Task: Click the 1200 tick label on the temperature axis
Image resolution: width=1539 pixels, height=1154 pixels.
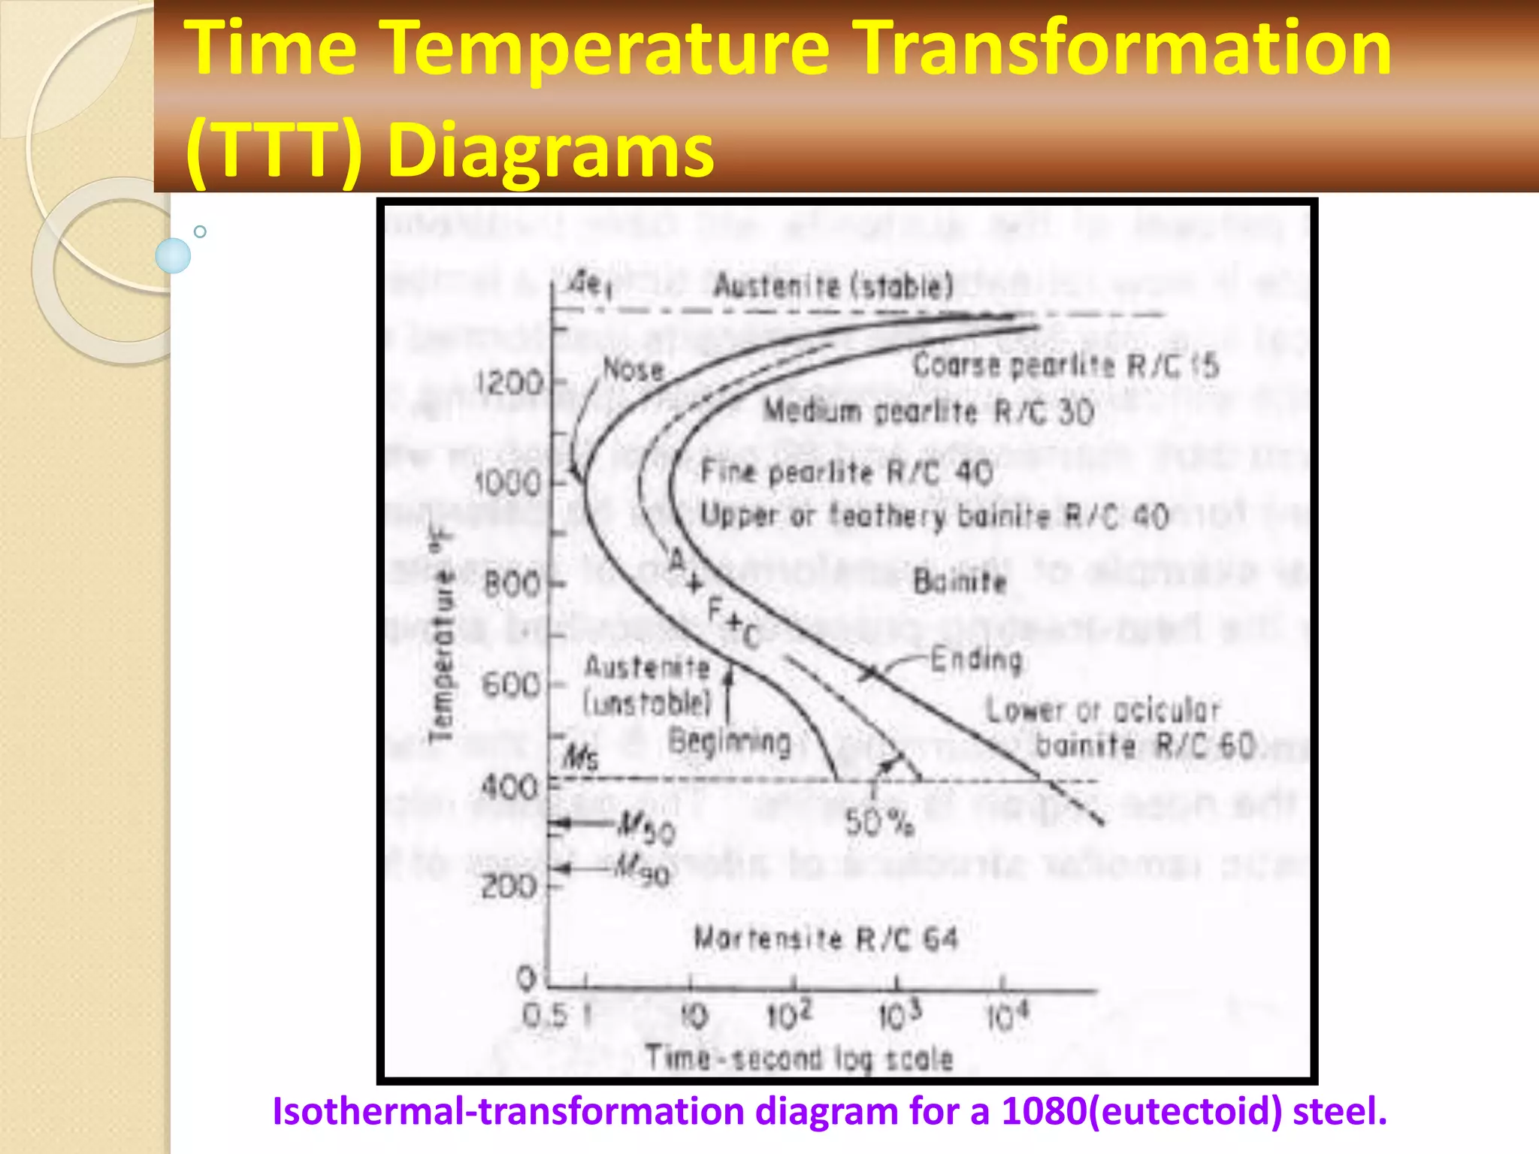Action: (x=509, y=383)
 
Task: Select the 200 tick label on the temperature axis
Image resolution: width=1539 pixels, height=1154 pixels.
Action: (x=509, y=887)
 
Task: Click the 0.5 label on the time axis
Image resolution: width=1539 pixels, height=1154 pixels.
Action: (x=543, y=1017)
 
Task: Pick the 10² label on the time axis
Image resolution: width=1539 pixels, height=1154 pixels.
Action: (x=789, y=1016)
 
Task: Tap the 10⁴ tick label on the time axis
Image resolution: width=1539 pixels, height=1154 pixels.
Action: (x=1007, y=1016)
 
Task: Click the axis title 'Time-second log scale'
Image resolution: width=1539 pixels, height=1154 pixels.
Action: (x=800, y=1059)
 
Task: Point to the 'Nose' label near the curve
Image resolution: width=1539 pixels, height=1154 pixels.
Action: (x=633, y=370)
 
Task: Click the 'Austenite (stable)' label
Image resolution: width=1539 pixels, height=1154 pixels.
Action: (x=833, y=286)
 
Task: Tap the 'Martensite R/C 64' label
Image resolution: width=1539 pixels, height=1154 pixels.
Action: (x=826, y=938)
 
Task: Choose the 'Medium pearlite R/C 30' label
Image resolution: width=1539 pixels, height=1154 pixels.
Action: (x=929, y=411)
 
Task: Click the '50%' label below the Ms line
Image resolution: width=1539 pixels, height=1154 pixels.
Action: (x=879, y=823)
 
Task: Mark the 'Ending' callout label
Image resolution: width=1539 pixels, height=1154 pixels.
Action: (x=976, y=660)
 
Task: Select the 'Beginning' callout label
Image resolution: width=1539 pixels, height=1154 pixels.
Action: (x=730, y=742)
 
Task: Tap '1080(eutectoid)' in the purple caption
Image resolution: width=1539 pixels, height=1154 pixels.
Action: (x=1141, y=1110)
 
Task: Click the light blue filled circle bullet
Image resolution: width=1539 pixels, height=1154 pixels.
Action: (x=173, y=255)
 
